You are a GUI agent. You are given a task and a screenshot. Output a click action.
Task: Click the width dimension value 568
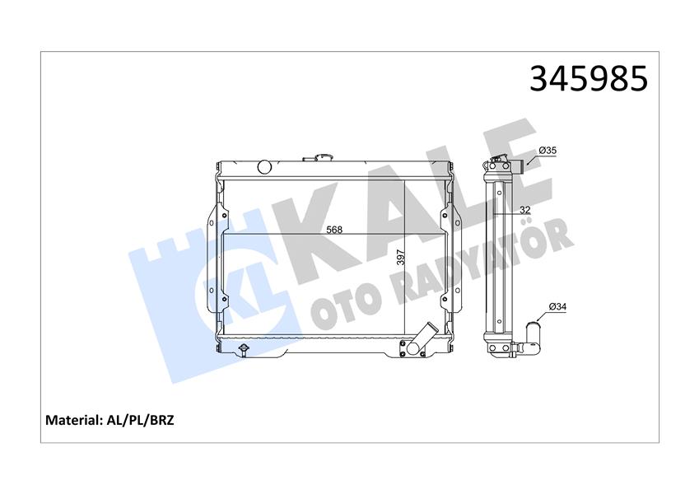pos(333,230)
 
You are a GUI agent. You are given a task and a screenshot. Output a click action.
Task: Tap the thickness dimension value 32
pos(524,211)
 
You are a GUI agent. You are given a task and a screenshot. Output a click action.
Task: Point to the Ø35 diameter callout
pos(548,151)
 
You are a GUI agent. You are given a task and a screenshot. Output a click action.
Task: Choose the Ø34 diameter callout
pos(556,307)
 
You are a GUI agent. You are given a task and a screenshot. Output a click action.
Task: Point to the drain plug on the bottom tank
pos(243,351)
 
